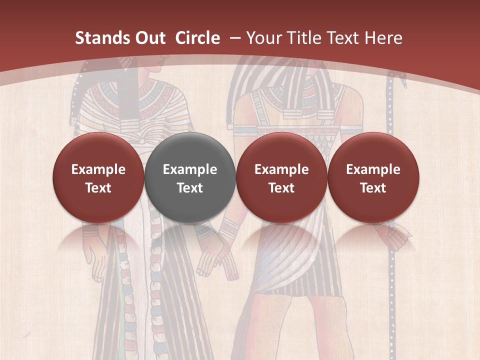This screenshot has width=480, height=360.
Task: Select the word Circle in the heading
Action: point(197,38)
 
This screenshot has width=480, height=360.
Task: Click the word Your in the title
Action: point(263,38)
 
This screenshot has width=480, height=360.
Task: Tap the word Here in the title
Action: point(384,38)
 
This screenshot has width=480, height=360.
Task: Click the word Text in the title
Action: point(342,38)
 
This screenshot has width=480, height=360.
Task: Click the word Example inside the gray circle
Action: point(190,169)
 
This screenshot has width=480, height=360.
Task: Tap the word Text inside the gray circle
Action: point(190,188)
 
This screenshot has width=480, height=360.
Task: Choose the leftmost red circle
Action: point(98,177)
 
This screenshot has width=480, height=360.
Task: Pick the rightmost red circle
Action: point(373,177)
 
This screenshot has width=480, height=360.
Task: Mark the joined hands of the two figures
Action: point(220,255)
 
